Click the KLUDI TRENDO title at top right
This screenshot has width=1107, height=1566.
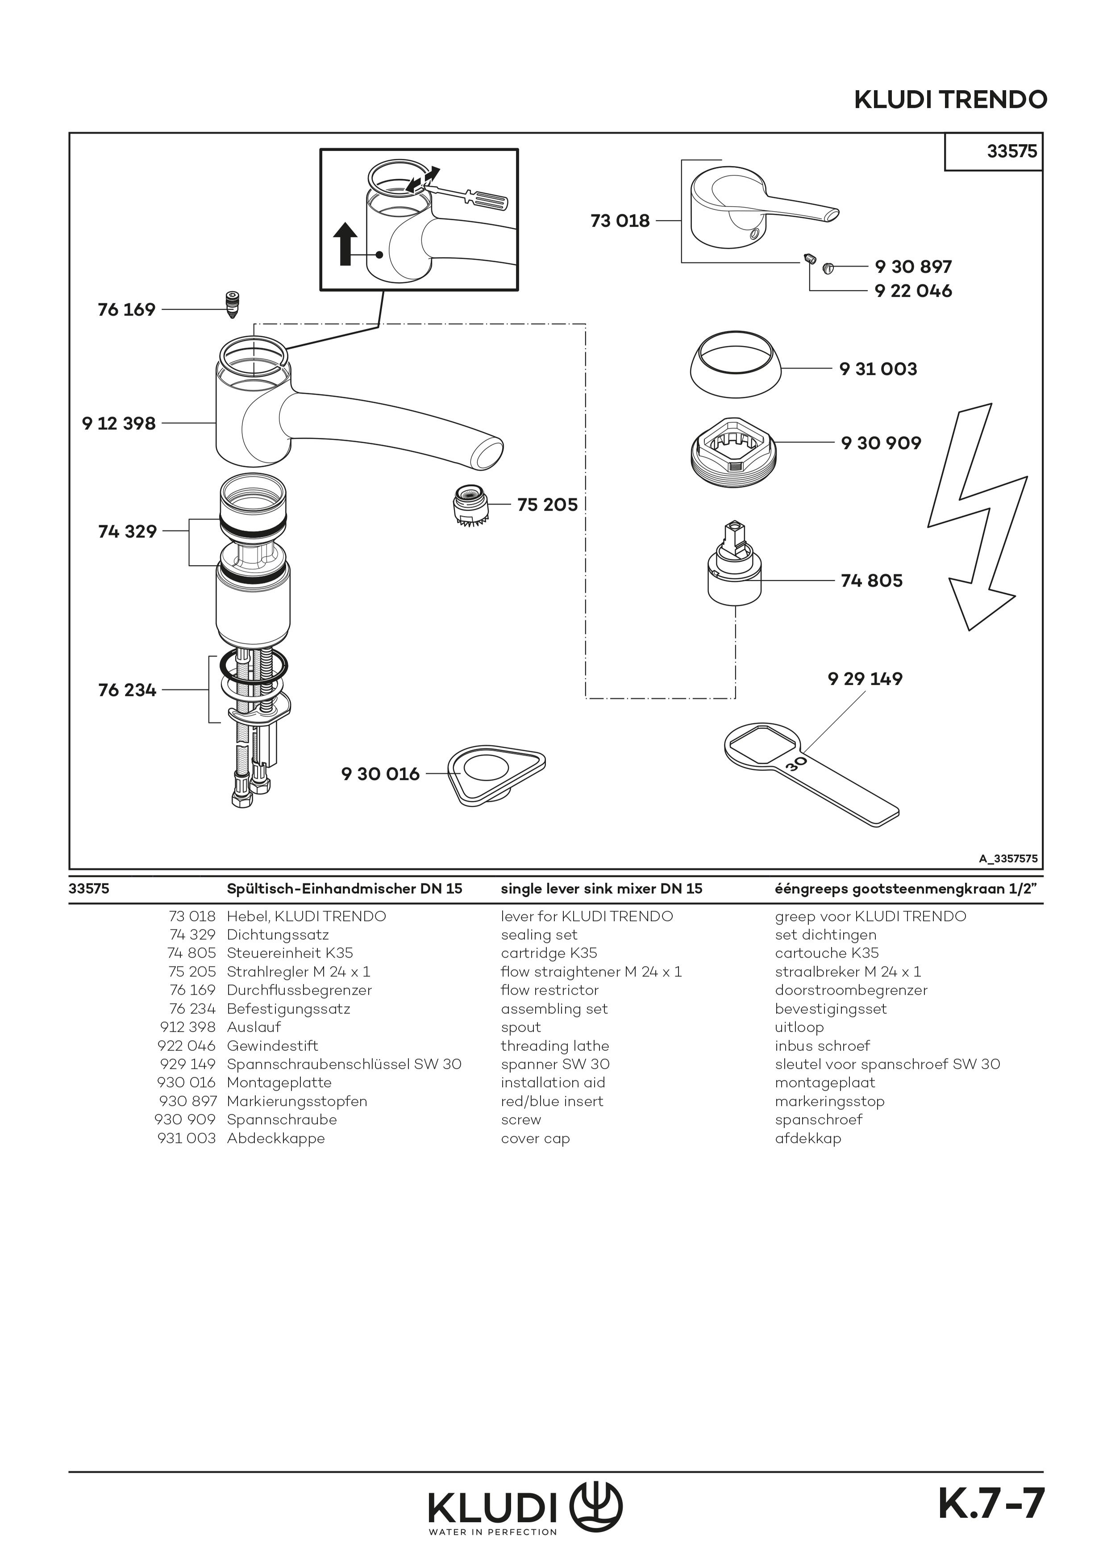coord(950,100)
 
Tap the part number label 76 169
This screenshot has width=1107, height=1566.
coord(127,310)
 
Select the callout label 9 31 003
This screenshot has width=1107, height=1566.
coord(878,369)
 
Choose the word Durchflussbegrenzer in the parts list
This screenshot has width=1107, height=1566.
coord(300,990)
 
